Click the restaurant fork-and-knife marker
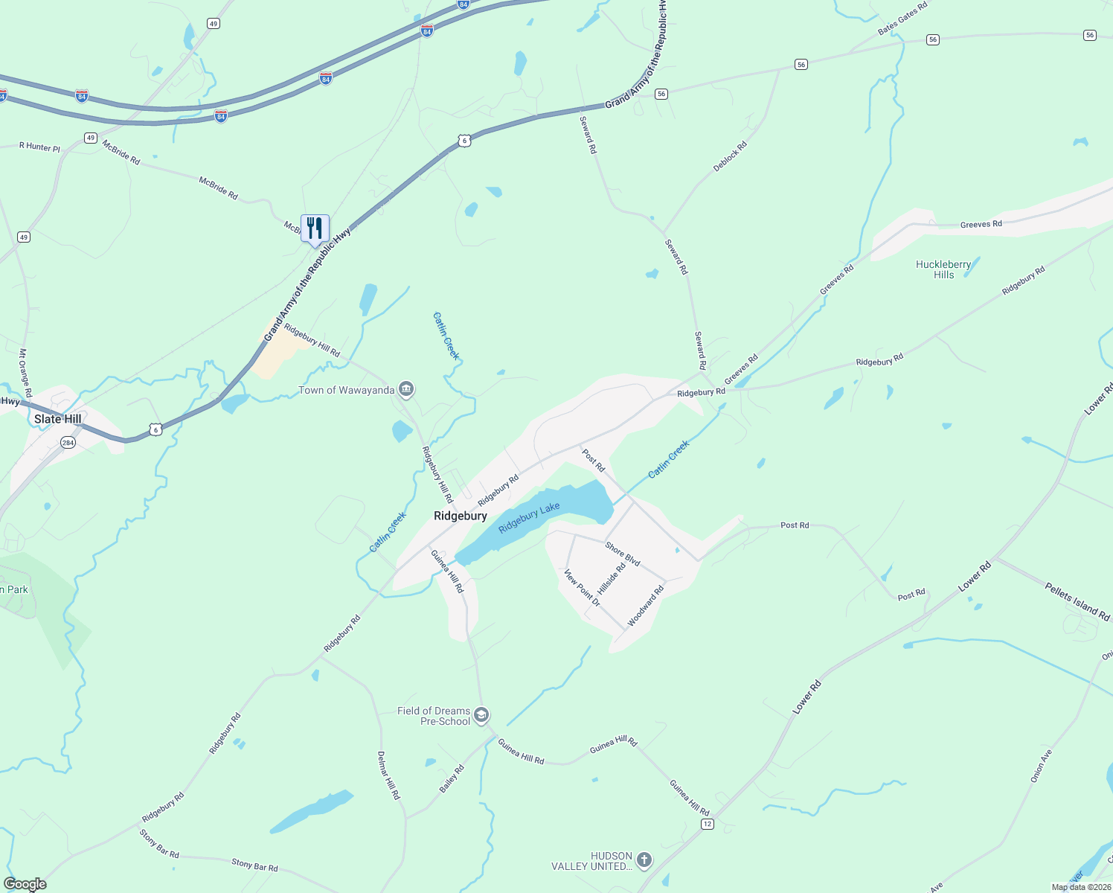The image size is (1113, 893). coord(315,228)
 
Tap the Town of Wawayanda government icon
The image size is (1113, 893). coord(406,389)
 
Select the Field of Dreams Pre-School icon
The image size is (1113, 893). coord(481,716)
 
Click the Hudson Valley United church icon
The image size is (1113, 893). coord(644,860)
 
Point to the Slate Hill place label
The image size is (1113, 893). coord(57,419)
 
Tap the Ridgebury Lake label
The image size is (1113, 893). coord(529,517)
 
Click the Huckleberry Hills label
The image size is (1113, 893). coord(943,269)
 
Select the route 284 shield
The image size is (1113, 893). coord(68,443)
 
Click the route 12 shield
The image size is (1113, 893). coord(707,824)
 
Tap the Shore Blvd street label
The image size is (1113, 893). coord(623,554)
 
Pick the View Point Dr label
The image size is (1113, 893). coord(582,588)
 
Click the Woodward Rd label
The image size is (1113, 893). coord(645,606)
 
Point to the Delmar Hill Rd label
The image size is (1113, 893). coord(388,775)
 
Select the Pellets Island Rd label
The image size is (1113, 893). coord(1077,601)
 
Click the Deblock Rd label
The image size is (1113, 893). coord(729,157)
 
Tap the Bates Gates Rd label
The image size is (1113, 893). coord(902,19)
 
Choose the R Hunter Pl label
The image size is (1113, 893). coord(39,147)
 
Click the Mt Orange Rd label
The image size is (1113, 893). coord(25,373)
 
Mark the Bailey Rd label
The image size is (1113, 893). coord(452,778)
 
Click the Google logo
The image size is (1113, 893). coord(25,884)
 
